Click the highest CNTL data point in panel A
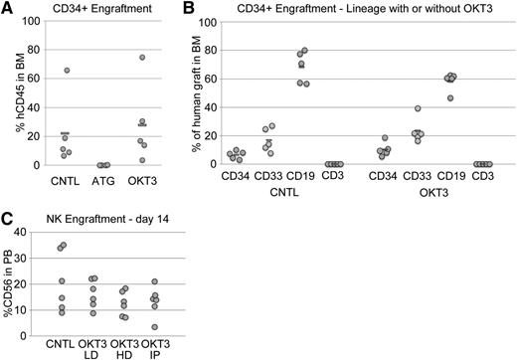[x=66, y=71]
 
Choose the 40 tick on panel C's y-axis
[x=33, y=232]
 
